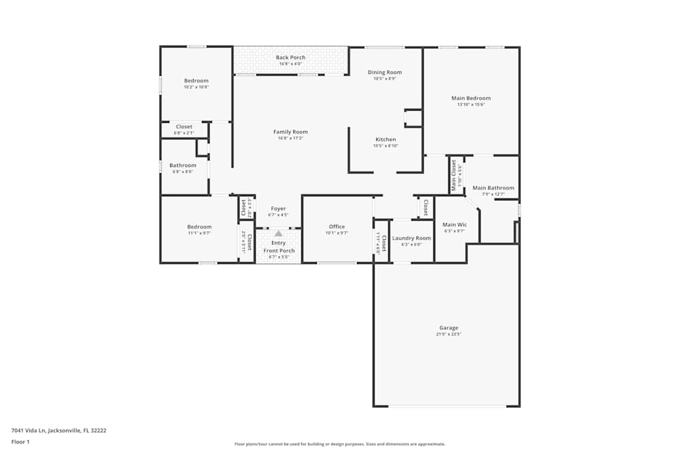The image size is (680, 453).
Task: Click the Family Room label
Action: pyautogui.click(x=290, y=132)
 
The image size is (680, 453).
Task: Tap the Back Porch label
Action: pyautogui.click(x=290, y=58)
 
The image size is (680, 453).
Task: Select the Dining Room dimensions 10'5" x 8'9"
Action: pyautogui.click(x=385, y=79)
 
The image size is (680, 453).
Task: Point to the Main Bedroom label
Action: pyautogui.click(x=471, y=98)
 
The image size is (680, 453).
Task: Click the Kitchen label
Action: pyautogui.click(x=385, y=139)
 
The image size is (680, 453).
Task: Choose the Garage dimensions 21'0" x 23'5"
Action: pyautogui.click(x=448, y=334)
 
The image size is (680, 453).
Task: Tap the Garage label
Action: pyautogui.click(x=448, y=327)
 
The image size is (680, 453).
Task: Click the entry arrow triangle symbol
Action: pyautogui.click(x=278, y=233)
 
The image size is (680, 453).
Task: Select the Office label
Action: pyautogui.click(x=337, y=227)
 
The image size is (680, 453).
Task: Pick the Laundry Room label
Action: pyautogui.click(x=411, y=238)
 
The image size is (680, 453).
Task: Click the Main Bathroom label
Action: pyautogui.click(x=493, y=188)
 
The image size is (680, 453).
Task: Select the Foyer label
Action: pyautogui.click(x=278, y=209)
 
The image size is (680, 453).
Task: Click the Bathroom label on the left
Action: pyautogui.click(x=183, y=165)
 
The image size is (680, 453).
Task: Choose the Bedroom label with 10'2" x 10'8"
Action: pyautogui.click(x=196, y=81)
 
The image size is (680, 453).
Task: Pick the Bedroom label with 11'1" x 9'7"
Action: pyautogui.click(x=199, y=227)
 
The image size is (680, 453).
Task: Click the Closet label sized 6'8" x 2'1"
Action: pyautogui.click(x=184, y=126)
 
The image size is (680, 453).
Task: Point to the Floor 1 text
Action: pyautogui.click(x=20, y=441)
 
